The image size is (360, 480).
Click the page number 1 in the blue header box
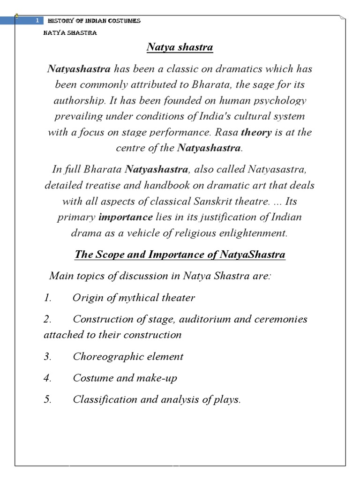pyautogui.click(x=37, y=21)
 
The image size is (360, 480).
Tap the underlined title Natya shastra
pyautogui.click(x=180, y=47)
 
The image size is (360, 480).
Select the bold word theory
pyautogui.click(x=256, y=132)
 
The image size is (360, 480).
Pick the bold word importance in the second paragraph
pyautogui.click(x=126, y=217)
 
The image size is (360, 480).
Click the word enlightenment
pyautogui.click(x=250, y=233)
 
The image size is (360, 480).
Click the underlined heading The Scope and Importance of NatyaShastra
pyautogui.click(x=180, y=255)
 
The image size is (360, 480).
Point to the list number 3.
pyautogui.click(x=47, y=356)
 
